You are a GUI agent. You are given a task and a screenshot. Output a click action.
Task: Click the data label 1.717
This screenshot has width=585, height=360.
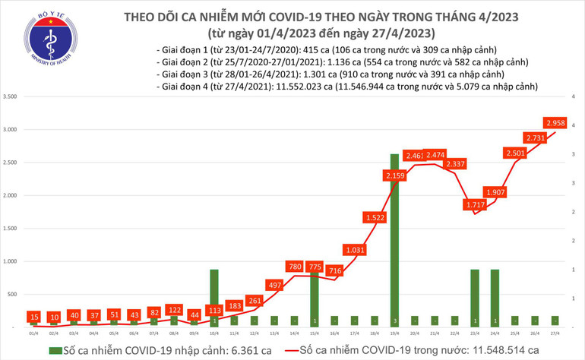476,205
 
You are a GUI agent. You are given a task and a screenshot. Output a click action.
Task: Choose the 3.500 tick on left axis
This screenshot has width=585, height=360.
11,97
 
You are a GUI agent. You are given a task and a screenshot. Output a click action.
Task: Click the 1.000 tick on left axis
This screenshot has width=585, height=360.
11,261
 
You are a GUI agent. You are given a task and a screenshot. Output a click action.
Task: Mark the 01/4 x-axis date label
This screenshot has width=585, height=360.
34,332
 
